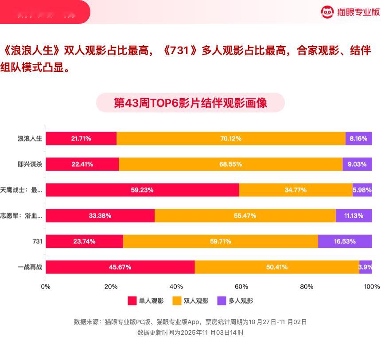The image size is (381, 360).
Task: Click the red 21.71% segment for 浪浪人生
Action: click(x=81, y=138)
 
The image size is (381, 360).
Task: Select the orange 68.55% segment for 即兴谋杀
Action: click(x=230, y=164)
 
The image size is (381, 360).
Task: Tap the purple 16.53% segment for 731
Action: click(x=345, y=242)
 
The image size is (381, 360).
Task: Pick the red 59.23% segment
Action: click(x=142, y=190)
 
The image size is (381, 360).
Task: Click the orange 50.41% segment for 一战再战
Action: click(x=276, y=267)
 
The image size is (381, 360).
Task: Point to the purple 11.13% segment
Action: click(x=354, y=216)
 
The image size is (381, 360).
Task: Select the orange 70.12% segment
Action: click(x=231, y=138)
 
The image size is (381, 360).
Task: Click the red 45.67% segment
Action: click(x=120, y=267)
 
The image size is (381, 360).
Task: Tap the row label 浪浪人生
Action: click(x=30, y=138)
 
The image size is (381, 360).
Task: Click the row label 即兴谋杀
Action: click(x=30, y=164)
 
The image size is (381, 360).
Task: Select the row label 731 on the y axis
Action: click(x=37, y=242)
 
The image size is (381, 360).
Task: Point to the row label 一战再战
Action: click(x=30, y=267)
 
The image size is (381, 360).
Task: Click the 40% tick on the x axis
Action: click(x=176, y=286)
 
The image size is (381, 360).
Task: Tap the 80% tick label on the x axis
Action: click(x=307, y=286)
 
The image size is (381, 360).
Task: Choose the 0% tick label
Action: click(x=46, y=286)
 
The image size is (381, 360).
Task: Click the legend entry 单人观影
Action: click(x=146, y=301)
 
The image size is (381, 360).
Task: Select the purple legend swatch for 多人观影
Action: click(x=222, y=301)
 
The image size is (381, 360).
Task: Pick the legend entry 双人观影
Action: click(x=190, y=301)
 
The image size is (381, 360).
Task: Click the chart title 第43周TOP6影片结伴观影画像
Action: click(x=190, y=103)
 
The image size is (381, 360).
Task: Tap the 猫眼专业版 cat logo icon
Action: click(x=327, y=12)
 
